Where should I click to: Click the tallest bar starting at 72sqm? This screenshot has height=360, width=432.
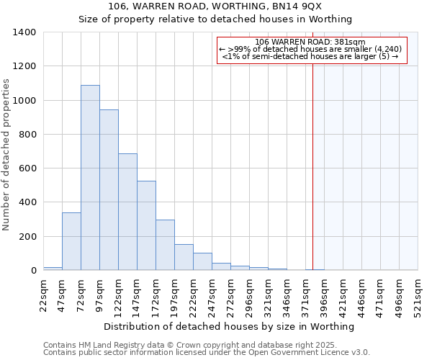click(90, 178)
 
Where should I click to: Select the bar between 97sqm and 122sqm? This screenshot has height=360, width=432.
click(109, 190)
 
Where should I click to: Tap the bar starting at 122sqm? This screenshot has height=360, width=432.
click(127, 212)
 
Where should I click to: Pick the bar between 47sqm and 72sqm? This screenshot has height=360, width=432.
click(71, 241)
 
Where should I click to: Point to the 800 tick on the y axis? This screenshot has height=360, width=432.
click(27, 135)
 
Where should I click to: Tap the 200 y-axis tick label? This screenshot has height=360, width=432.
click(27, 237)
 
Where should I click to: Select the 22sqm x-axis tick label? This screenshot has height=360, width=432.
click(43, 295)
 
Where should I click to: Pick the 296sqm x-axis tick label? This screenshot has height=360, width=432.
click(249, 295)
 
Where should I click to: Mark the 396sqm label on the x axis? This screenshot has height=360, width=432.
click(324, 295)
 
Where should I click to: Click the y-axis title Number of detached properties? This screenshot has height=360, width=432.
click(6, 151)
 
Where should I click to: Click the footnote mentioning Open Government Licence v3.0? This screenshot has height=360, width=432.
click(207, 353)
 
